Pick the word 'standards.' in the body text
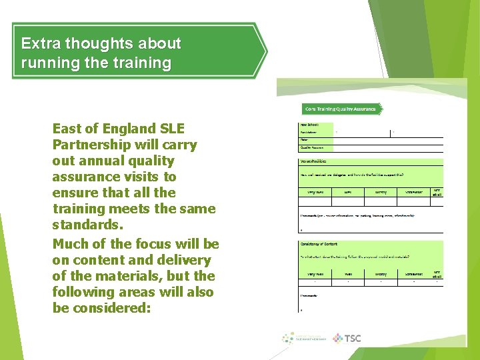click(85, 225)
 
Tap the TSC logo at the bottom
click(347, 338)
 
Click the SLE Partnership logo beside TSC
click(303, 338)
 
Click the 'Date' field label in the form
click(305, 140)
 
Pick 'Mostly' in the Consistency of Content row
click(381, 273)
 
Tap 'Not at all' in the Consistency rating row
click(437, 273)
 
